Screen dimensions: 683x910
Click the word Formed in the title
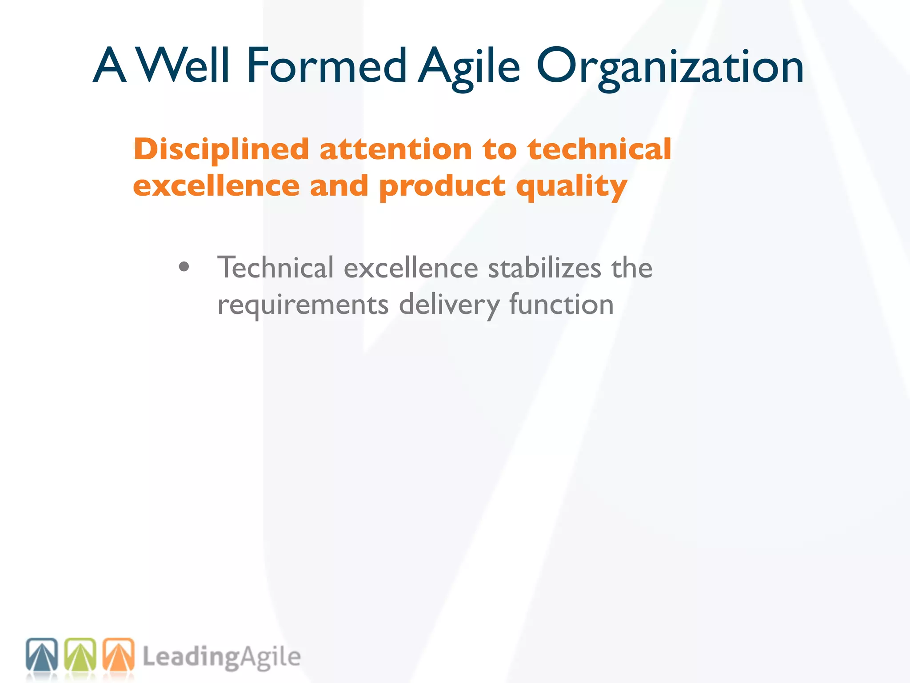[327, 66]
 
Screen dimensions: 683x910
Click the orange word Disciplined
[221, 150]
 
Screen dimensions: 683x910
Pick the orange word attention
[396, 149]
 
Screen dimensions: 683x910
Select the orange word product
[442, 187]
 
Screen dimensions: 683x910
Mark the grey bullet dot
[184, 267]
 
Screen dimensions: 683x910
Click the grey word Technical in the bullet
[275, 268]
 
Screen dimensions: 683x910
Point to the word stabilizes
[545, 268]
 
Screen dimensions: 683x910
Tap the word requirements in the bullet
[303, 305]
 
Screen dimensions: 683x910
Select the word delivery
[449, 305]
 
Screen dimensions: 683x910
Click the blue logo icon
[42, 655]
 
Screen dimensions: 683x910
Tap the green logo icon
[80, 655]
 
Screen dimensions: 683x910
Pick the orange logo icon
[119, 655]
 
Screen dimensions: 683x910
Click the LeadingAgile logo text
[221, 657]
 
